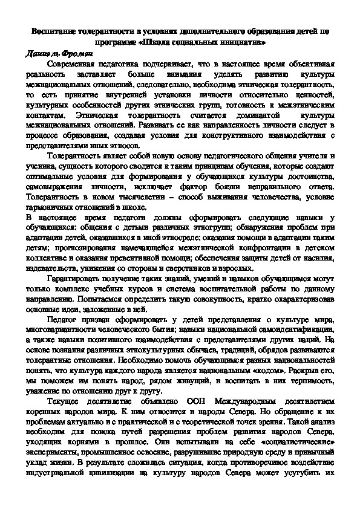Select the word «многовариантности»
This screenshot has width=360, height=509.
tap(64, 333)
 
